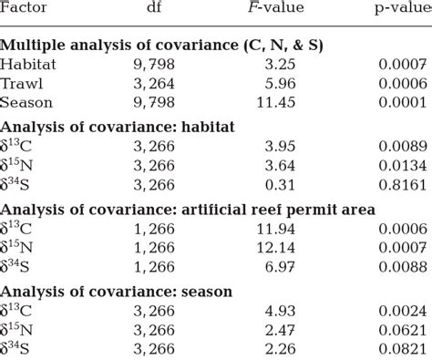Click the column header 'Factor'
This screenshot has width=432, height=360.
(25, 10)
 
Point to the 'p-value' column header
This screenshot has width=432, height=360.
(396, 10)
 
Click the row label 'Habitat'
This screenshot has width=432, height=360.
(27, 66)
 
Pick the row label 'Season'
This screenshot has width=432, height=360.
(26, 103)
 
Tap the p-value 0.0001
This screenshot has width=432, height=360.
(401, 103)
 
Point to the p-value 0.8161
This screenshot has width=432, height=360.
(401, 184)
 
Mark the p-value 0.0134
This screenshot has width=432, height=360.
(401, 165)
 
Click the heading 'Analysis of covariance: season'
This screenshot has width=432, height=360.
(116, 291)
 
